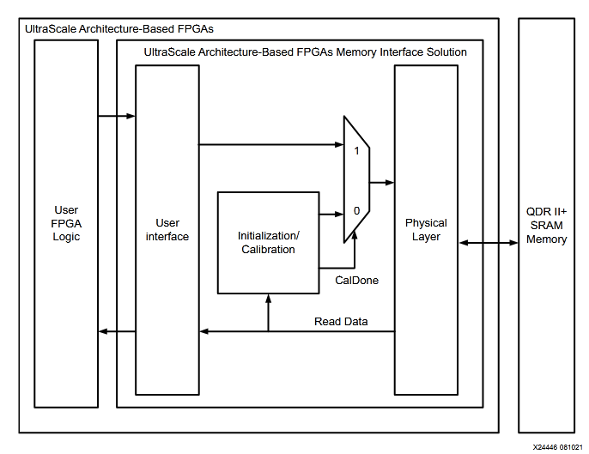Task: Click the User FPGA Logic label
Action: coord(66,223)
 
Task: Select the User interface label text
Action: coord(167,230)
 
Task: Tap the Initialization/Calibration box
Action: coord(267,242)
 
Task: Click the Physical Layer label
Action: coord(426,230)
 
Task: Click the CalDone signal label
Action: coord(356,280)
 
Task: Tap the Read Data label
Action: coord(341,322)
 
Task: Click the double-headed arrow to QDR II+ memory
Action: coord(489,244)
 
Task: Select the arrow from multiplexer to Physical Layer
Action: coord(382,182)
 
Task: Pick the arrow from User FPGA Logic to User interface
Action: coord(118,116)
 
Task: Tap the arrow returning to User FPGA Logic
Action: coord(118,332)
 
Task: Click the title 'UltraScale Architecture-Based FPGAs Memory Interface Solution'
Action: coord(306,52)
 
